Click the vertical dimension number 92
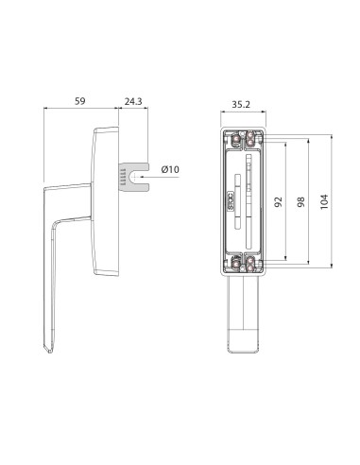click(280, 201)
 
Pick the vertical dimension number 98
click(302, 201)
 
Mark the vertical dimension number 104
click(326, 201)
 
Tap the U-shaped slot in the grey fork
click(140, 175)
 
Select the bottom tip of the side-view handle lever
click(50, 354)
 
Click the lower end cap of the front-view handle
click(243, 341)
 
